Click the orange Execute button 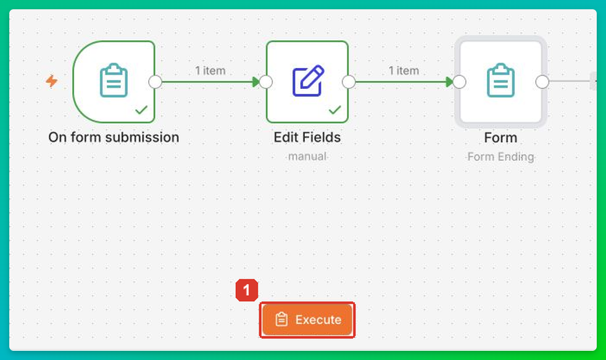(307, 320)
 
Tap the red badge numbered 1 (247, 290)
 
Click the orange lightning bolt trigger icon (52, 82)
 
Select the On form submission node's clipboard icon (114, 80)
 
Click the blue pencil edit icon (308, 80)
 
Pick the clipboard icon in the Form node (500, 80)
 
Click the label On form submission (114, 137)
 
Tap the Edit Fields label (307, 137)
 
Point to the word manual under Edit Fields (308, 157)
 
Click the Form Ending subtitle (501, 157)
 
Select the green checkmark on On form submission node (141, 110)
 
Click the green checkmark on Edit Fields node (334, 110)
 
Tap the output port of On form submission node (156, 82)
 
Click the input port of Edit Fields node (266, 82)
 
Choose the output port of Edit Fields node (349, 82)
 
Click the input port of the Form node (460, 82)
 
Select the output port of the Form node (542, 82)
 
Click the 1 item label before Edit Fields (210, 71)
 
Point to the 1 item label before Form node (404, 71)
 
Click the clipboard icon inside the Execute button (281, 319)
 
